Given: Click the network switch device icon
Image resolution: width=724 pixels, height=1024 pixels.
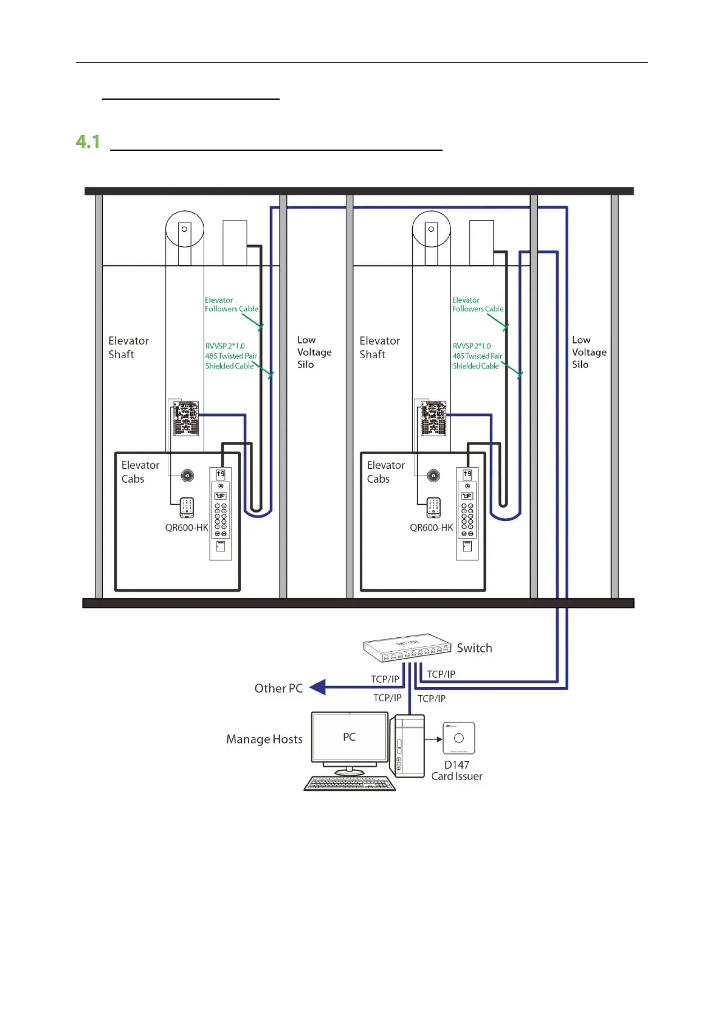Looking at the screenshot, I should point(407,650).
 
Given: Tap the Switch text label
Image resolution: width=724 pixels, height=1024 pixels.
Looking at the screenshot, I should point(474,648).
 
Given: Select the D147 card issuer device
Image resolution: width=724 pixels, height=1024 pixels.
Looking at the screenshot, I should point(459,738).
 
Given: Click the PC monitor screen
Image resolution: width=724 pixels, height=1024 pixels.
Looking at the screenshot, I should point(350,737).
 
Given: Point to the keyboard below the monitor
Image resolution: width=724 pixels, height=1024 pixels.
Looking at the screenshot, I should point(350,783).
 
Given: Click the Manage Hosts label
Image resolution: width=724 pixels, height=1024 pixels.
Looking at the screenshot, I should point(264,739).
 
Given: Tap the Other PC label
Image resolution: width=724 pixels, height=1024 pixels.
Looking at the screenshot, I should point(278,688).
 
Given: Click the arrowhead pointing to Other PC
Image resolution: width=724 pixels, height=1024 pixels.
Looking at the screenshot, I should point(318,687).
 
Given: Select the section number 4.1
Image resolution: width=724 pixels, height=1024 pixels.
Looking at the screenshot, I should point(88,142).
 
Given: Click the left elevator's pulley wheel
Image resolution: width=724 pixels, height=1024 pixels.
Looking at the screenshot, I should point(184,230).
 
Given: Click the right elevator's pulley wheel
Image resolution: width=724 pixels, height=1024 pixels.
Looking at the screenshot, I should point(431,230).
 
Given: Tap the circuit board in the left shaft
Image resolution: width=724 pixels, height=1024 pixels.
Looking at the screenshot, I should point(185,418).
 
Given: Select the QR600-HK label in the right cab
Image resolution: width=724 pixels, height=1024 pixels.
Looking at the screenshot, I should point(431,528).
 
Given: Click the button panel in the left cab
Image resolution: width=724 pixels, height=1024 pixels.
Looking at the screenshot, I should point(220,514).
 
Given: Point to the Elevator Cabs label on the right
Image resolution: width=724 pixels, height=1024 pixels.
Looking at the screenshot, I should point(385,472).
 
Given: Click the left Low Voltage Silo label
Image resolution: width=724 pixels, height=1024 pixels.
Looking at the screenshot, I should point(314,352).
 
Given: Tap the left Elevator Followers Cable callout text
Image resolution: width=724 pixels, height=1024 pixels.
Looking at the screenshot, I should point(231,305).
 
